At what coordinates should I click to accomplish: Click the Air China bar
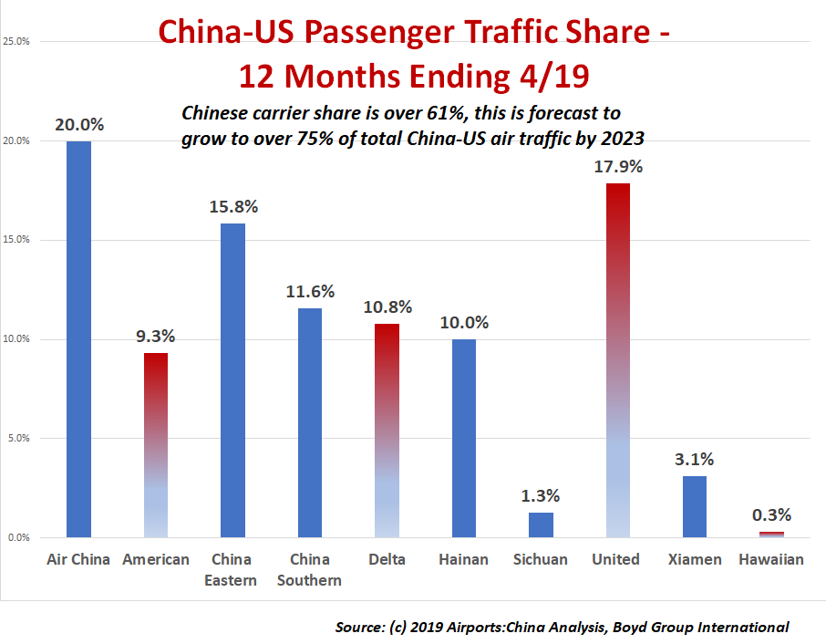pos(78,339)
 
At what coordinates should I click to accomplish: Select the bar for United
pos(617,360)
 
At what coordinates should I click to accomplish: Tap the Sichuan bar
pos(541,525)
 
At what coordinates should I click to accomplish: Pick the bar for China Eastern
pos(232,380)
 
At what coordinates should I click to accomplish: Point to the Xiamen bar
pos(695,506)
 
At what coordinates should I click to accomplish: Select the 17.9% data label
pos(618,167)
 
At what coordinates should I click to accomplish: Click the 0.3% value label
pos(771,514)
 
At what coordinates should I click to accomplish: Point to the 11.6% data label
pos(310,292)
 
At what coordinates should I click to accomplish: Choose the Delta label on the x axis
pos(387,559)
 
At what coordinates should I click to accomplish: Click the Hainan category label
pos(463,559)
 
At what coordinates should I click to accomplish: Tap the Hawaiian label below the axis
pos(771,559)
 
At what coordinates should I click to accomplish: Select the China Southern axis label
pos(310,569)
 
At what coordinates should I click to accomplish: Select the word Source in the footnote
pos(360,627)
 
